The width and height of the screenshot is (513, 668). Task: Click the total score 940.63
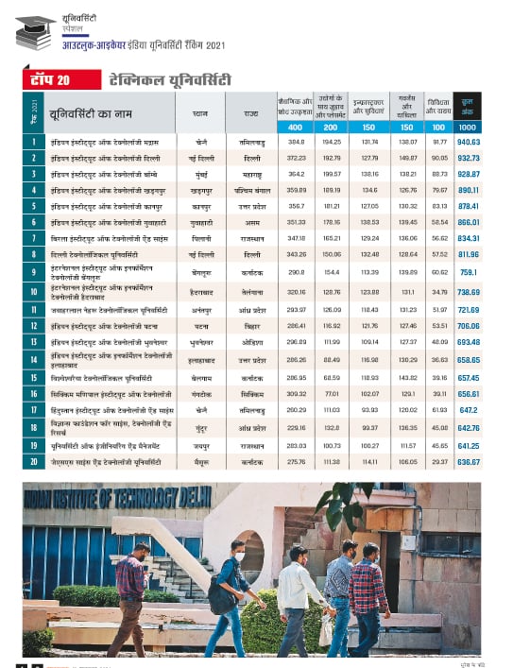[469, 142]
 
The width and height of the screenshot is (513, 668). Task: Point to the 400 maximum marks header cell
[295, 128]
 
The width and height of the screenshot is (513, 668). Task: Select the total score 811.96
[469, 255]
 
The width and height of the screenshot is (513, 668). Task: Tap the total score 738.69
[469, 293]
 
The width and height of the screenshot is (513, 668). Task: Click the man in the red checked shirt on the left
[132, 595]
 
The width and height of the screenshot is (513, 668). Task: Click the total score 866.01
[469, 222]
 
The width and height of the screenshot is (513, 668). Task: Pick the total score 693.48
[469, 341]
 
